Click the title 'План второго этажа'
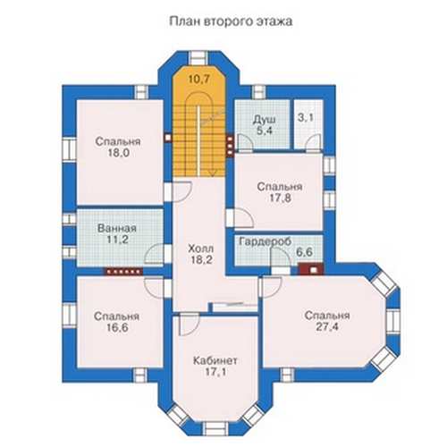231,21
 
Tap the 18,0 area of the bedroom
118,153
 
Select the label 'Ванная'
117,229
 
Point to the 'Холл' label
201,249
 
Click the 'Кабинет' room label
215,360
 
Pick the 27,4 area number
327,327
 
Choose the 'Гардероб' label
265,241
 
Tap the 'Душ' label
265,120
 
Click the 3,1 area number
306,118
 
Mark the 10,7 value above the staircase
199,80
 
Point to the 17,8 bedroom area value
279,198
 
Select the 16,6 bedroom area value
117,328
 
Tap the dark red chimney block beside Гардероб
310,270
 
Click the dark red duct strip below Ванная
123,271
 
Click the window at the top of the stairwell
198,57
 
